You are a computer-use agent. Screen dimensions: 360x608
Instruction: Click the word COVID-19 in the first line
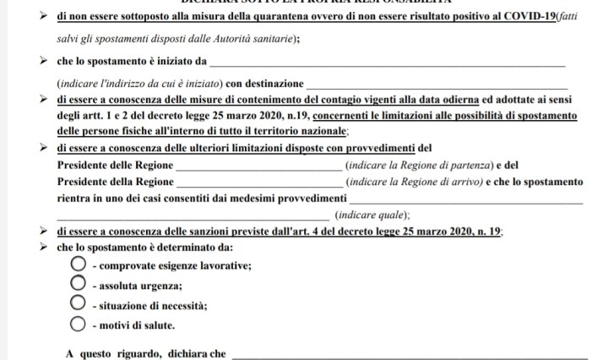click(x=514, y=18)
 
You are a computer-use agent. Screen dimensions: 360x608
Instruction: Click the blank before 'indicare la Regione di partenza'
click(x=258, y=168)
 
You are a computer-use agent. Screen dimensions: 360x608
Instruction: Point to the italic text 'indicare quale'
click(x=371, y=215)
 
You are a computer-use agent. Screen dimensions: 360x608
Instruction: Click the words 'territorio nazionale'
click(x=296, y=132)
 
